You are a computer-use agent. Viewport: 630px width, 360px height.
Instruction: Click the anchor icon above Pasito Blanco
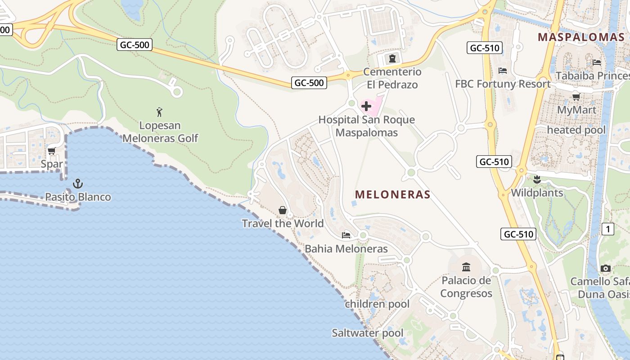[78, 184]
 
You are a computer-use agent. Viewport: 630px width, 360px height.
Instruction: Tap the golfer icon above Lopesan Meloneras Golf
[159, 112]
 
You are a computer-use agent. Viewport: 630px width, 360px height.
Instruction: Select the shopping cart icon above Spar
[51, 151]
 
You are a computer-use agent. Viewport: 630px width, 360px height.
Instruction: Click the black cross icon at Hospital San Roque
[366, 106]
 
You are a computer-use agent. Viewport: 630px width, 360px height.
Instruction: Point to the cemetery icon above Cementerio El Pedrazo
[392, 58]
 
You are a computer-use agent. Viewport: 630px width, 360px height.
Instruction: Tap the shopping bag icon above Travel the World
[283, 210]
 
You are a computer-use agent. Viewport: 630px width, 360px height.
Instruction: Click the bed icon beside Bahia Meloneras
[346, 235]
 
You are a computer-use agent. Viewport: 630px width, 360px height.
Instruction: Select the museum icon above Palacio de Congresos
[466, 267]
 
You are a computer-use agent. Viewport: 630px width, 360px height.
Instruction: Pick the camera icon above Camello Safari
[606, 269]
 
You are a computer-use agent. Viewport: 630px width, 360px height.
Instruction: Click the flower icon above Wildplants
[536, 180]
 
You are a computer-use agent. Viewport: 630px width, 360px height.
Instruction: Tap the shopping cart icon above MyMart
[576, 97]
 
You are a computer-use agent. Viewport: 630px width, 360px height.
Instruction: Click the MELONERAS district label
[392, 194]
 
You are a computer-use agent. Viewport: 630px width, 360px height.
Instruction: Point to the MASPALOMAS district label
[581, 37]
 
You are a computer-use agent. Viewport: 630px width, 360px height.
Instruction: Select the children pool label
[377, 304]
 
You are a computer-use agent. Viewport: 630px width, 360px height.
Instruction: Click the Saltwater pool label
[368, 333]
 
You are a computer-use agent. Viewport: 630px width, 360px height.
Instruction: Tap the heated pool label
[576, 130]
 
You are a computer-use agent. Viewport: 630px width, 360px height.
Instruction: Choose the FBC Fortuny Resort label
[503, 84]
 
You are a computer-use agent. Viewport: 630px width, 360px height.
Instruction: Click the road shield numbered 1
[607, 229]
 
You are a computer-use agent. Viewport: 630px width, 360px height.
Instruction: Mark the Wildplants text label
[537, 193]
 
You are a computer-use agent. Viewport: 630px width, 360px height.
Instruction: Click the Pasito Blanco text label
[78, 197]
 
